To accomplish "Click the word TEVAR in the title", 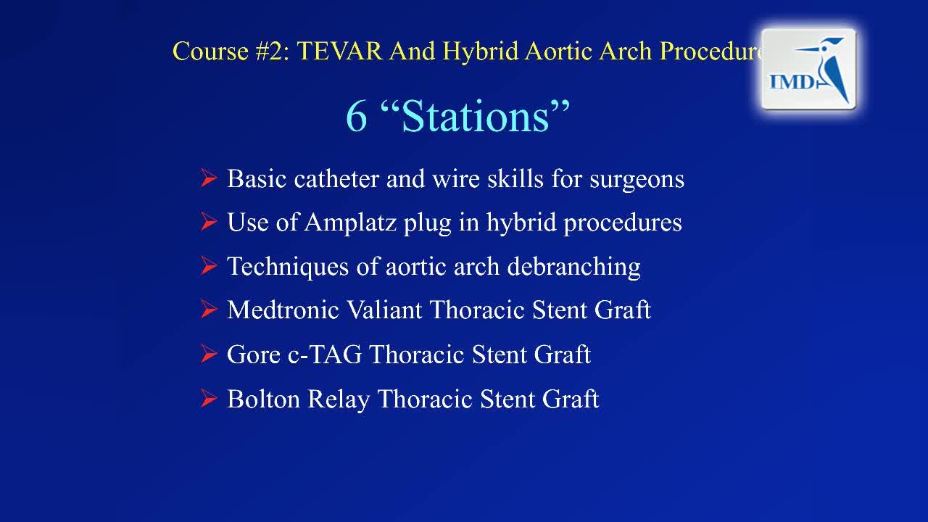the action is coord(339,51).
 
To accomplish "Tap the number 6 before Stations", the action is coord(356,117).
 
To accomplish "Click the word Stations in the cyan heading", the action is coord(476,117).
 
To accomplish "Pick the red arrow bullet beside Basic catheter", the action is coord(208,178).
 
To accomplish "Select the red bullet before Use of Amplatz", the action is coord(208,222).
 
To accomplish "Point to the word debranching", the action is coord(573,266).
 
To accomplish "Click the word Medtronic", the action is coord(283,310).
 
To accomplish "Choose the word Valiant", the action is coord(384,310).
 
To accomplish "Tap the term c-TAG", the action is coord(324,355).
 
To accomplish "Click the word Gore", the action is coord(254,355).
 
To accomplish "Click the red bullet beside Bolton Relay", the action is coord(208,398).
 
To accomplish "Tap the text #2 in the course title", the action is coord(273,51).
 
